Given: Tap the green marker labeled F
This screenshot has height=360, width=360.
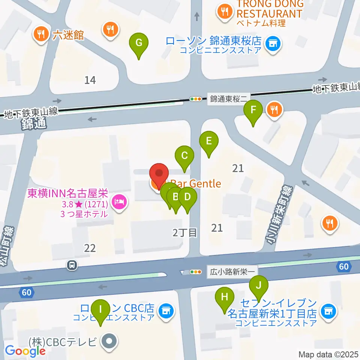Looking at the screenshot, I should pyautogui.click(x=253, y=110).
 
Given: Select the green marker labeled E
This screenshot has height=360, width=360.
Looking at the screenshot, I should pyautogui.click(x=209, y=141).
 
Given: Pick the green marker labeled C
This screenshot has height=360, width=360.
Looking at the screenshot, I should pyautogui.click(x=184, y=156).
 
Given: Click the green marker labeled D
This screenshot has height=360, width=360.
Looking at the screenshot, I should pyautogui.click(x=187, y=196).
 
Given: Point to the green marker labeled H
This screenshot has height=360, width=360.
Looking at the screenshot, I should pyautogui.click(x=225, y=297).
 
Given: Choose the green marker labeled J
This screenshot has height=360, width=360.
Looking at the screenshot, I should pyautogui.click(x=259, y=285).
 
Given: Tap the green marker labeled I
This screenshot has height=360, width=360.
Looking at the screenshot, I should pyautogui.click(x=100, y=309).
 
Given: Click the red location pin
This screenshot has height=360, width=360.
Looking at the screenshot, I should pyautogui.click(x=159, y=174).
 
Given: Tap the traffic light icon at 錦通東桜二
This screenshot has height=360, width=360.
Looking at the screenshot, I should pyautogui.click(x=196, y=99).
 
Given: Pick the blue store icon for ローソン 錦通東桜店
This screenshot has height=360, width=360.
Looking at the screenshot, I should pyautogui.click(x=273, y=44).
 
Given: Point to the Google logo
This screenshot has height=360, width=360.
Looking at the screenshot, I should pyautogui.click(x=25, y=351).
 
